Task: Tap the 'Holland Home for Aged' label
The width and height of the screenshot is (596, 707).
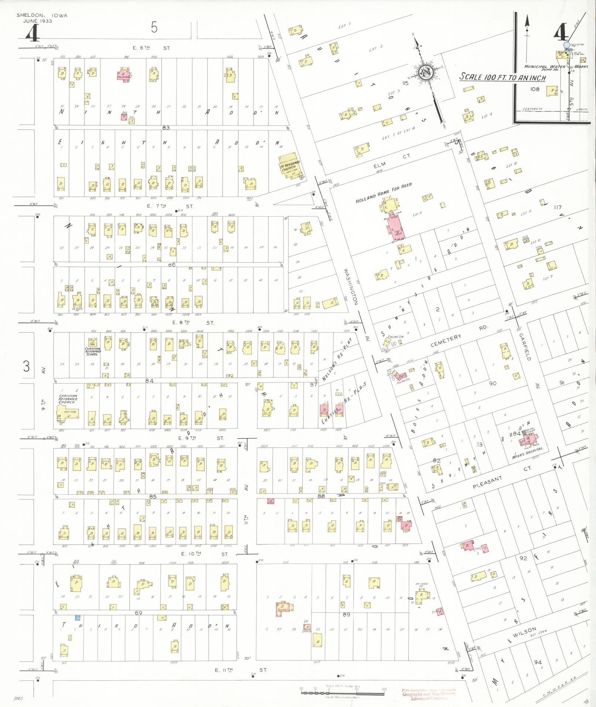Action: pos(383,193)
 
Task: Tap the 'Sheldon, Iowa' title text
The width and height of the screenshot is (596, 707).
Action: pos(42,16)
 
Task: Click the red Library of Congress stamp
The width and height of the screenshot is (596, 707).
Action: pos(429,694)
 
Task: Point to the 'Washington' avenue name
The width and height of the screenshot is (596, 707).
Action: pos(351,286)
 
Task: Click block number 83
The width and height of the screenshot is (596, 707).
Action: pos(165,128)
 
